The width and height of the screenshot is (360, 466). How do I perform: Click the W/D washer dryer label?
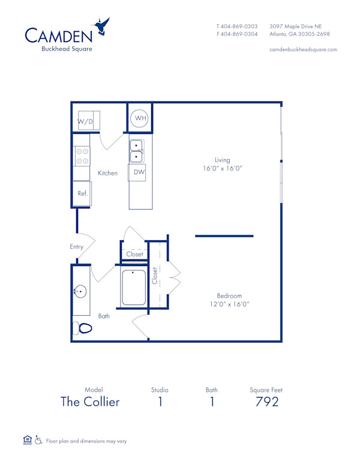point(85,123)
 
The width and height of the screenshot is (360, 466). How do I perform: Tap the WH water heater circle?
point(140,118)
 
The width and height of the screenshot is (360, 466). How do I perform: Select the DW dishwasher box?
point(139,172)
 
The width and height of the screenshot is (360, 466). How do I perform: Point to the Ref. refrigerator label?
point(82,193)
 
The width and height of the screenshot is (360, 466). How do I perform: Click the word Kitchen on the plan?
point(108,173)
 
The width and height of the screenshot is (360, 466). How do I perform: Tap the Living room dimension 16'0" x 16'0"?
point(223,169)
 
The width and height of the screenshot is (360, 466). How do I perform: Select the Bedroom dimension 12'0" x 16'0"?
point(230,304)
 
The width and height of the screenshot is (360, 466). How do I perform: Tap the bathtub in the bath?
point(133,288)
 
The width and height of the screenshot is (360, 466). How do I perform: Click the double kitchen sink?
point(137,151)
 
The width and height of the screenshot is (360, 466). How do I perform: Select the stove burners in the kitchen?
point(82,156)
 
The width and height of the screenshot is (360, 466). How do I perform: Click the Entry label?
point(76,247)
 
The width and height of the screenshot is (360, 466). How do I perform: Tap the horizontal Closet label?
point(135,255)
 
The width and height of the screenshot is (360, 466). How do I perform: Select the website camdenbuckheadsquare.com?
point(303,49)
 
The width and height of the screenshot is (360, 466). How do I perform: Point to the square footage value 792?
point(266,402)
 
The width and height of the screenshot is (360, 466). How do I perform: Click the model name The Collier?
point(90,402)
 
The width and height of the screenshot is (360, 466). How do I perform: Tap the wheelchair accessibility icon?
point(38,440)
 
